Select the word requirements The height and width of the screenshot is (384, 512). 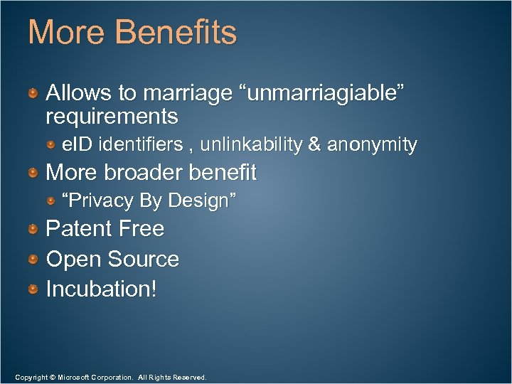(112, 115)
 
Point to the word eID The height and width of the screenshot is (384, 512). (78, 145)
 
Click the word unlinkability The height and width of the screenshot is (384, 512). (251, 145)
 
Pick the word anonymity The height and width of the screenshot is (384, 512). (372, 145)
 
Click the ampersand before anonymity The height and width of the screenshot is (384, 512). (314, 145)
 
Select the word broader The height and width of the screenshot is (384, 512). (147, 173)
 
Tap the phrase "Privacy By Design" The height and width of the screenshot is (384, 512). (149, 201)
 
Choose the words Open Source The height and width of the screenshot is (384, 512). (112, 260)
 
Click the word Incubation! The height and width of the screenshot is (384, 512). (101, 289)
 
